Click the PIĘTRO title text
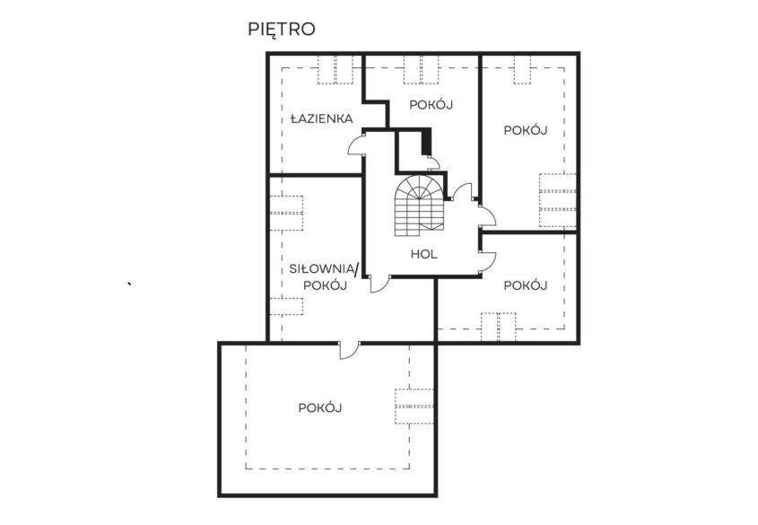282,30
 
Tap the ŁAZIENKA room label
321,118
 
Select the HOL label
424,254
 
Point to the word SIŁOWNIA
322,269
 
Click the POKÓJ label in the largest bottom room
320,408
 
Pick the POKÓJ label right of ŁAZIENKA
431,105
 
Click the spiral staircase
419,205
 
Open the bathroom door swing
356,144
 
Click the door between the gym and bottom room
349,350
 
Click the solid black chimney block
426,141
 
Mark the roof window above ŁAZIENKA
335,70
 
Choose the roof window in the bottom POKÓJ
414,407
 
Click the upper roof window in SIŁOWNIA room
285,213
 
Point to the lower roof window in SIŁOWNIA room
285,307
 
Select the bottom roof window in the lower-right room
499,327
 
